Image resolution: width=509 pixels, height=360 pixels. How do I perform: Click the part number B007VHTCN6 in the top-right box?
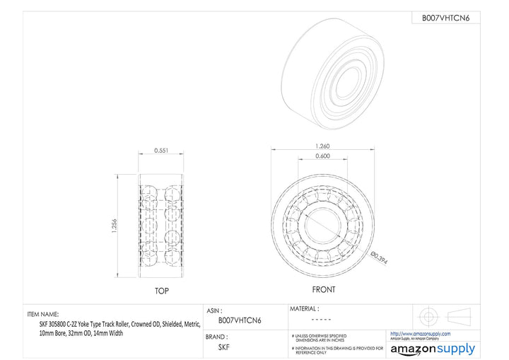coord(445,18)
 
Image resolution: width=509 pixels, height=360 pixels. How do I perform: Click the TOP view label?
coord(162,291)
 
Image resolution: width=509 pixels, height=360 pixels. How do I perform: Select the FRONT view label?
coord(323,289)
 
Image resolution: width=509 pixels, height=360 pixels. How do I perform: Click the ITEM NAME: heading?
coord(43,314)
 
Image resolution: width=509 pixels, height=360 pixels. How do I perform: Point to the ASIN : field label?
coord(215,310)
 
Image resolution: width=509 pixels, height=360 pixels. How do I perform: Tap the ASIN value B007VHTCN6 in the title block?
coord(239,320)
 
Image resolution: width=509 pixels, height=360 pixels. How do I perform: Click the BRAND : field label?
coord(218,337)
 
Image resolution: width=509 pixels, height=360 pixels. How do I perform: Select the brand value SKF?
coord(223,347)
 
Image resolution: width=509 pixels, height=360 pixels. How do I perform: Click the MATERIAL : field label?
coord(305,308)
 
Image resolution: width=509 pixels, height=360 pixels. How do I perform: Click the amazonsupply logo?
coord(433,349)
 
